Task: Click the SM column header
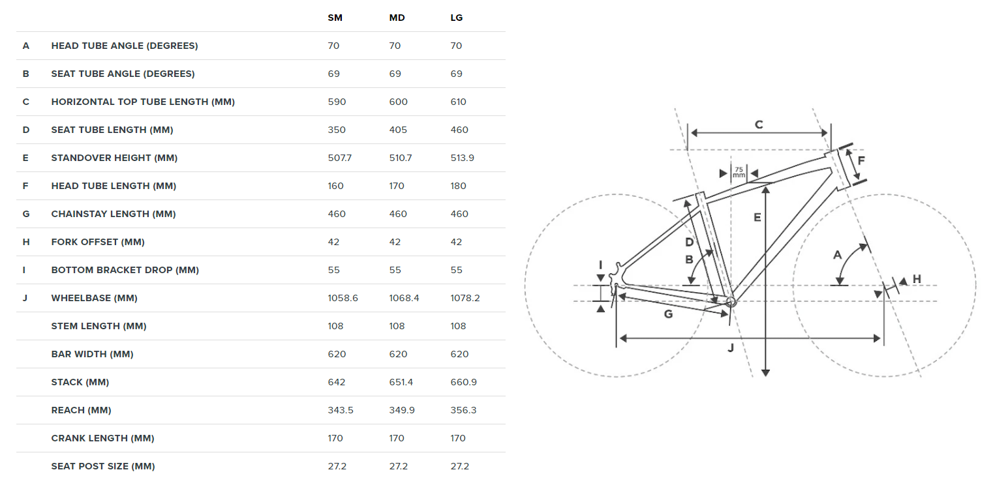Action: pyautogui.click(x=335, y=18)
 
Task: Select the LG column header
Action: pyautogui.click(x=457, y=18)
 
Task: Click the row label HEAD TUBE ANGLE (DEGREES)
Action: pyautogui.click(x=125, y=46)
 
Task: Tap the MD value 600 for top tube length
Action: pyautogui.click(x=398, y=102)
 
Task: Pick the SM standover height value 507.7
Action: pyautogui.click(x=340, y=158)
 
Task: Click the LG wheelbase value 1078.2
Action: pyautogui.click(x=466, y=298)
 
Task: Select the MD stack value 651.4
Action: pyautogui.click(x=401, y=382)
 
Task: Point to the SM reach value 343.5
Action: pyautogui.click(x=339, y=410)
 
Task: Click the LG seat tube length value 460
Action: pyautogui.click(x=459, y=130)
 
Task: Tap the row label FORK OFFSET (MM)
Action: pyautogui.click(x=98, y=242)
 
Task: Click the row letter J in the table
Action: pyautogui.click(x=25, y=298)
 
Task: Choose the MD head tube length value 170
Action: pyautogui.click(x=398, y=186)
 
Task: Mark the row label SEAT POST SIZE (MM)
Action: pyautogui.click(x=103, y=466)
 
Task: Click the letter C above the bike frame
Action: pyautogui.click(x=759, y=125)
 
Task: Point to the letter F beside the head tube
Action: pyautogui.click(x=861, y=160)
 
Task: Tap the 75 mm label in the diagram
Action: pyautogui.click(x=739, y=173)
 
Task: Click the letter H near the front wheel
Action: pyautogui.click(x=917, y=279)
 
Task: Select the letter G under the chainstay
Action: pyautogui.click(x=668, y=314)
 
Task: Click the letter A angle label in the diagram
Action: pyautogui.click(x=838, y=255)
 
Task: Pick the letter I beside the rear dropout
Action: pyautogui.click(x=601, y=265)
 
